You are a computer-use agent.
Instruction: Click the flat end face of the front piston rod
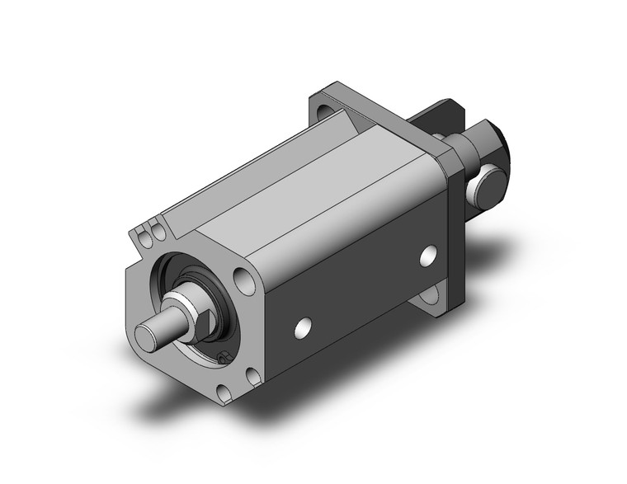pyautogui.click(x=148, y=335)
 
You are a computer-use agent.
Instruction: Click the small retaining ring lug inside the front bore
pyautogui.click(x=221, y=356)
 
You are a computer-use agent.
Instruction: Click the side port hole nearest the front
pyautogui.click(x=304, y=328)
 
